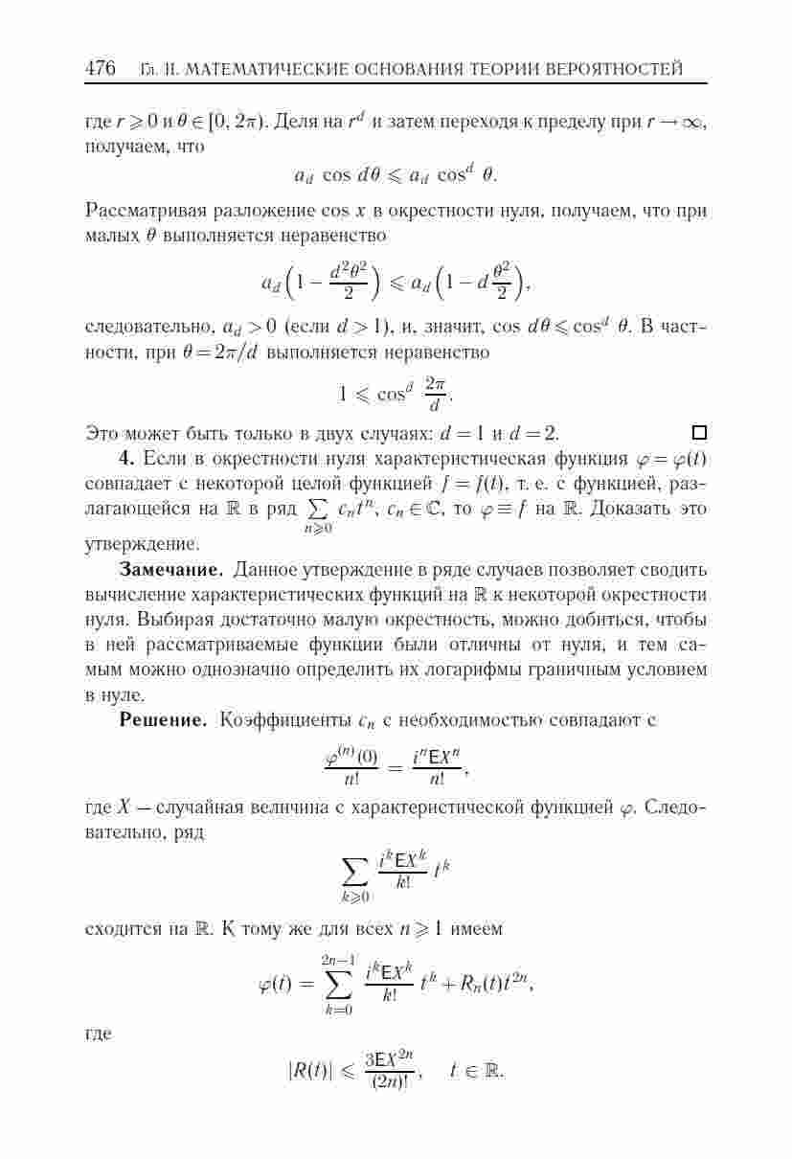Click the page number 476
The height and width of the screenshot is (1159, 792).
101,69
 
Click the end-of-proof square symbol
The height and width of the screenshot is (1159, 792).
699,432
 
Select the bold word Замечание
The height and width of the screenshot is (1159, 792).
171,571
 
